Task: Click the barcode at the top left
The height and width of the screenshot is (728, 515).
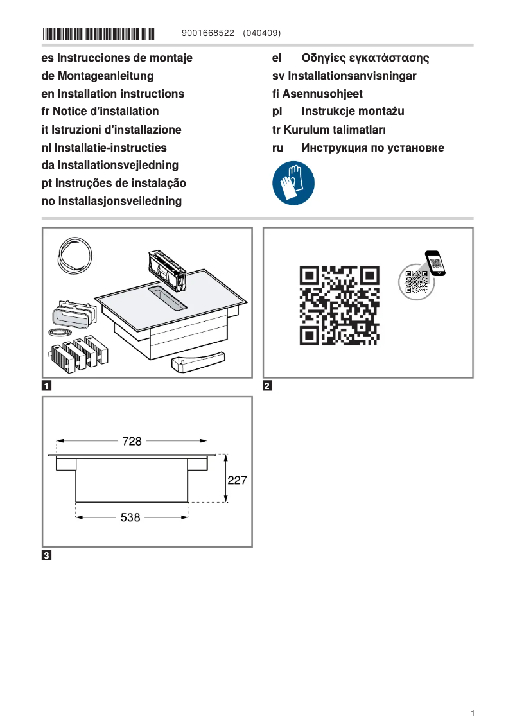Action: [x=99, y=33]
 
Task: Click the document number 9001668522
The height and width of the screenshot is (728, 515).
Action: [x=209, y=33]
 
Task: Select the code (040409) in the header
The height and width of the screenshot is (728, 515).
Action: [x=262, y=33]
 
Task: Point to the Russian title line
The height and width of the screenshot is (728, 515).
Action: [x=372, y=148]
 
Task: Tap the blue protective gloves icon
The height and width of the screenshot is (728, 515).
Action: [x=293, y=183]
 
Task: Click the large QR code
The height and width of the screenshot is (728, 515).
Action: [x=339, y=305]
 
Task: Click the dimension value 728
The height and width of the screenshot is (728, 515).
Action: [x=132, y=441]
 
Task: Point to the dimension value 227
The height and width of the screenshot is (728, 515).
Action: [x=237, y=480]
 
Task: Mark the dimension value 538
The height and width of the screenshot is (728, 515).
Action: [x=130, y=517]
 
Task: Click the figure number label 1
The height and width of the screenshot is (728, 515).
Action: [x=47, y=386]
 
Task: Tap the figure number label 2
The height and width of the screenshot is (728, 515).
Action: [x=268, y=386]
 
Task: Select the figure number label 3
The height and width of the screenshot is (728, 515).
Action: [x=47, y=555]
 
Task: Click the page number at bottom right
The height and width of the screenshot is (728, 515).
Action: [x=472, y=713]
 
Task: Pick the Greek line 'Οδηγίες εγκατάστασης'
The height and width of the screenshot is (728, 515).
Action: [x=365, y=58]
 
